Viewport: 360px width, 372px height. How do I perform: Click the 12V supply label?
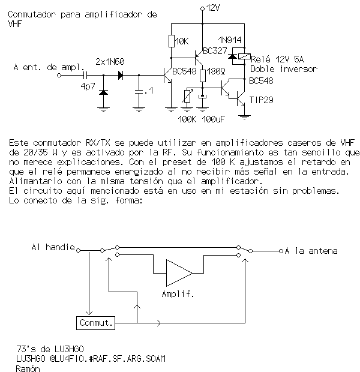click(x=212, y=8)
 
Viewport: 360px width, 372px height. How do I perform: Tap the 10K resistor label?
click(x=182, y=41)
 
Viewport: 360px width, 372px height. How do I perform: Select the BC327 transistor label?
click(x=216, y=51)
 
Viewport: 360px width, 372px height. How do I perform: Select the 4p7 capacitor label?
click(x=88, y=86)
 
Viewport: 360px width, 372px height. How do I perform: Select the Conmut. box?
click(x=96, y=323)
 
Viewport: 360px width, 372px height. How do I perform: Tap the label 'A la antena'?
click(x=311, y=250)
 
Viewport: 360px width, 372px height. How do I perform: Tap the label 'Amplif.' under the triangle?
click(x=177, y=295)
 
